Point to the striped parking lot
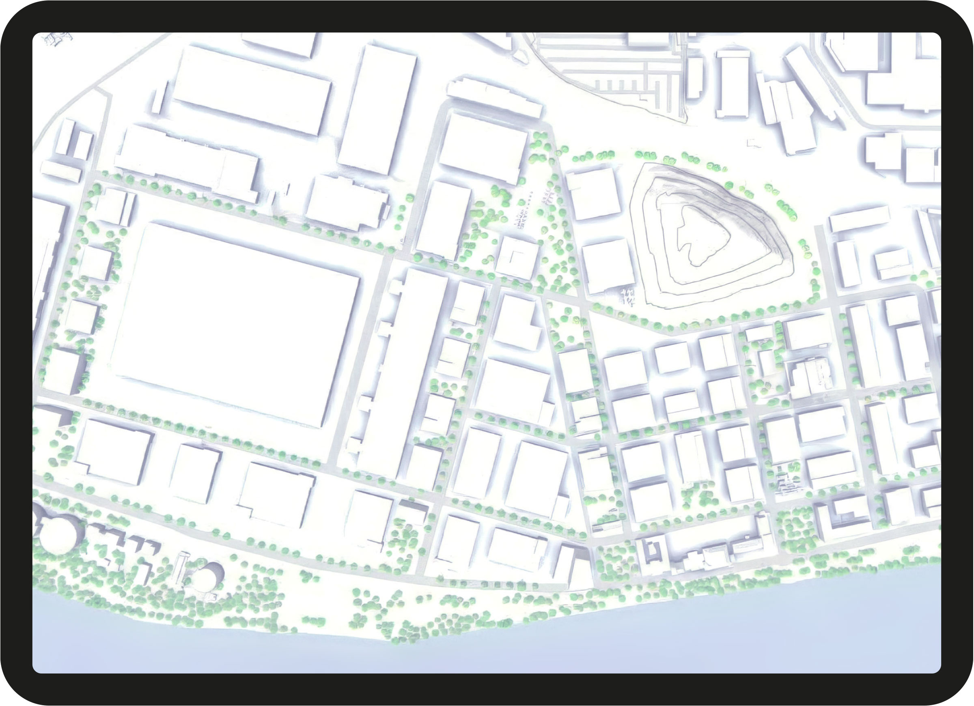[610, 65]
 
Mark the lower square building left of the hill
[608, 266]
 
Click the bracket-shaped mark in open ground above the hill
[754, 143]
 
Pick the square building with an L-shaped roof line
[517, 258]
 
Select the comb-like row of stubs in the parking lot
[623, 84]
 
